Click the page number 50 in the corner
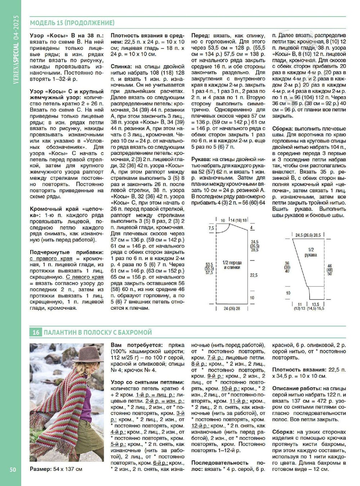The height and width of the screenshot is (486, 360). tap(13, 469)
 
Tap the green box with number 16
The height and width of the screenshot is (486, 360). tap(36, 332)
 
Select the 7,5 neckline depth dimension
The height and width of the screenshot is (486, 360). tap(211, 228)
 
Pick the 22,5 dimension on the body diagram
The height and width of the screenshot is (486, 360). tap(254, 275)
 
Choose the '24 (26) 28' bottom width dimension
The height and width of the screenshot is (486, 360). tap(232, 308)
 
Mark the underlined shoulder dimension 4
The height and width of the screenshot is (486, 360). tap(252, 228)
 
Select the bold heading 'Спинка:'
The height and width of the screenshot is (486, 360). tap(122, 67)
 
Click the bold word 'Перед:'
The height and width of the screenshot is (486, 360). tap(201, 36)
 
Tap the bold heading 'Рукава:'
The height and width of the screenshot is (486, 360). tap(202, 159)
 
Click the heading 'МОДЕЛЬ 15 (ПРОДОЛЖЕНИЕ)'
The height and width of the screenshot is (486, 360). tap(72, 23)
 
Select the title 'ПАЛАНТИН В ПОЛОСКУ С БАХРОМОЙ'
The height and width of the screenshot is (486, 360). tap(98, 332)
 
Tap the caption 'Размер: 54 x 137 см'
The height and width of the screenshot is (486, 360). tap(56, 469)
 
